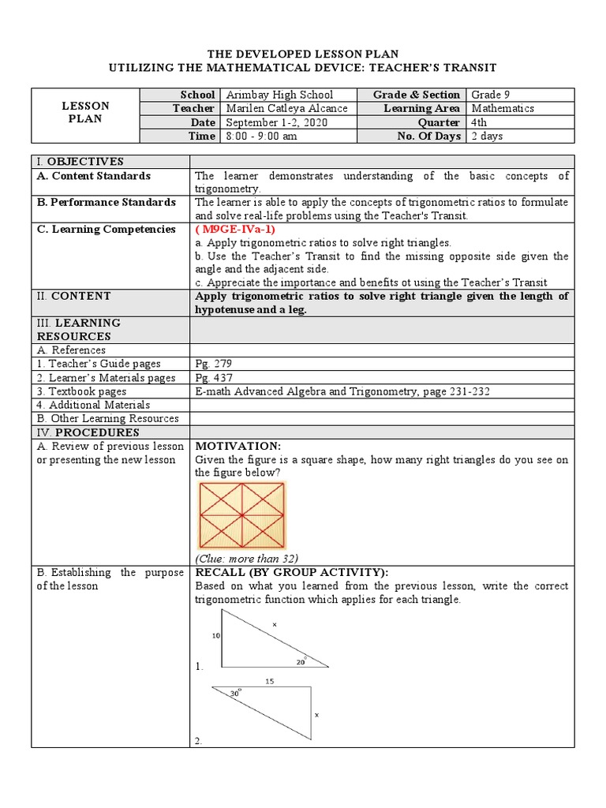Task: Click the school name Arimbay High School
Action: point(279,95)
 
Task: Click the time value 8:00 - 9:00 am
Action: point(262,137)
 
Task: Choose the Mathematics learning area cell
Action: point(503,109)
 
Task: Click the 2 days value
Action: point(487,137)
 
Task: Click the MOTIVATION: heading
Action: point(238,447)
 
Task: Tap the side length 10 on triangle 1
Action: point(215,635)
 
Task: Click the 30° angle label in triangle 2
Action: point(234,693)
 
